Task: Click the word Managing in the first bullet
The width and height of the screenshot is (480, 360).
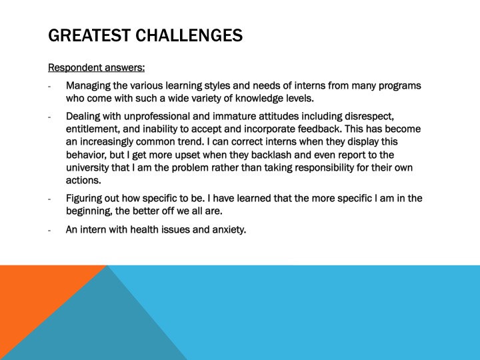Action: click(89, 86)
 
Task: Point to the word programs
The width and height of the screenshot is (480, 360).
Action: click(400, 86)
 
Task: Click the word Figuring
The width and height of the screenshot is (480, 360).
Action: click(85, 199)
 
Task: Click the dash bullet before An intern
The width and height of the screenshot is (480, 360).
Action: click(50, 231)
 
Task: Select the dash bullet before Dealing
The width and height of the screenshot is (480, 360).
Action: click(50, 118)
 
